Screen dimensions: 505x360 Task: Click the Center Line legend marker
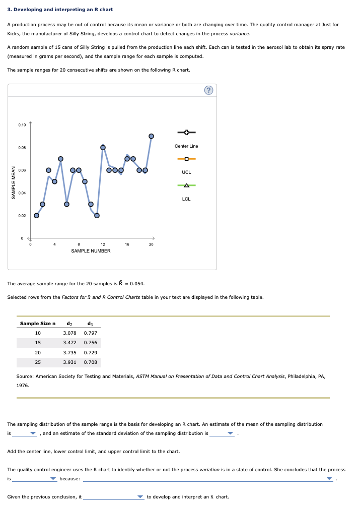186,133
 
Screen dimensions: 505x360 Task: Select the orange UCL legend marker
186,159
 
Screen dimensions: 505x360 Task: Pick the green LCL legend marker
186,185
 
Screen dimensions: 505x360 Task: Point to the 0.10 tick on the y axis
22,124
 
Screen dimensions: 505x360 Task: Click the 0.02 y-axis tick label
22,216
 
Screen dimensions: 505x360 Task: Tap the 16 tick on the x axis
127,244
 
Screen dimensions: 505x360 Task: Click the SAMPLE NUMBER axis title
91,250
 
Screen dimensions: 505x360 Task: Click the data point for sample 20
151,136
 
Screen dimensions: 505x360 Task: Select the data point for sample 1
36,215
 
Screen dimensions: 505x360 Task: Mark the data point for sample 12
103,147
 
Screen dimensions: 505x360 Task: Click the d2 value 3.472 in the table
69,343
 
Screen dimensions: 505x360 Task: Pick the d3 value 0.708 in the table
91,362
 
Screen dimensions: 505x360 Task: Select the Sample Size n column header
37,323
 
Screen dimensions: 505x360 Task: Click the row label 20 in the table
38,352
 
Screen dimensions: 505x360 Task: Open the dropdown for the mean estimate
33,433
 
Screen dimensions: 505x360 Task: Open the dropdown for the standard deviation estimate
231,433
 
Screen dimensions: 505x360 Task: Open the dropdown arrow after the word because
330,478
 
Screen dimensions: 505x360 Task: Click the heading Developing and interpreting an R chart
60,10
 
